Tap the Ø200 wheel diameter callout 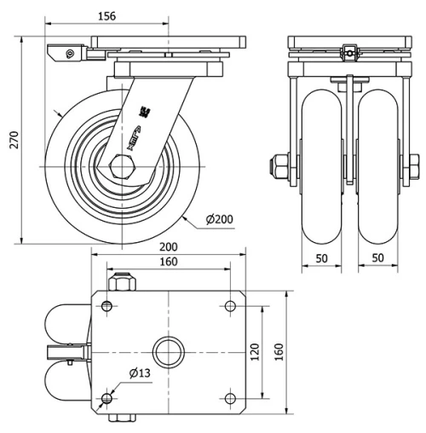coord(219,220)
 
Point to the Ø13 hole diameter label coord(141,372)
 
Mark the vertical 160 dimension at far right coord(279,351)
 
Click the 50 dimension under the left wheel coord(321,257)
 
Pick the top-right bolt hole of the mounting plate coord(230,306)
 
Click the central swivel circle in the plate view coord(169,351)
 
